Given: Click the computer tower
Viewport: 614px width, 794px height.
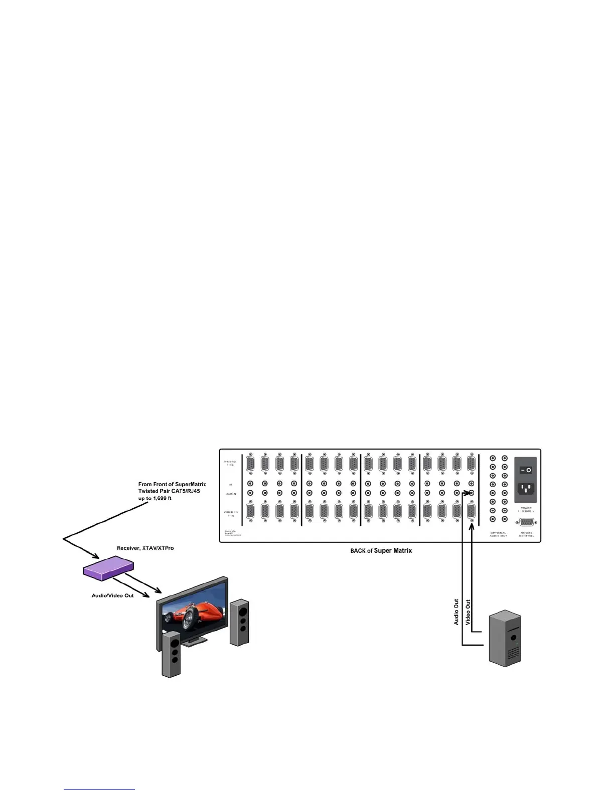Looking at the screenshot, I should [505, 638].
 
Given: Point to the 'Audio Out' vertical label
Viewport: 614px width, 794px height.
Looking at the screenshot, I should [456, 612].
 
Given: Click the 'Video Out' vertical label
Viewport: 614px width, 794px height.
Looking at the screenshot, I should [468, 612].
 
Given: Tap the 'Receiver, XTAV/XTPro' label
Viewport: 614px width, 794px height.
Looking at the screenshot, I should [145, 548].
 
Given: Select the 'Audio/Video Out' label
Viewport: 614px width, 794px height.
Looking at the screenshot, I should [112, 595].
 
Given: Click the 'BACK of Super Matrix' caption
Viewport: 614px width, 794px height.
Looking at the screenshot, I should [381, 550].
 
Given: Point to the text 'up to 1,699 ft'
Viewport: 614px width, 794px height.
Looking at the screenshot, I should [155, 498].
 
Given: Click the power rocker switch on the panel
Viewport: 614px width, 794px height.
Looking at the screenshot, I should [525, 470].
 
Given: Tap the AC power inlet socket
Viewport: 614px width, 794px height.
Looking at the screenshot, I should [525, 488].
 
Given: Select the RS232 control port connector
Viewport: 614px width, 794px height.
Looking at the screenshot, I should [526, 522].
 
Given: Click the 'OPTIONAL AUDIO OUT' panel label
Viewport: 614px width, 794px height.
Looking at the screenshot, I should [498, 534].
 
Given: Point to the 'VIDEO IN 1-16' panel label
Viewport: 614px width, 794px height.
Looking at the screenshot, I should [231, 514].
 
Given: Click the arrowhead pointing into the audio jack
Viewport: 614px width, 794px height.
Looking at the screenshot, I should [466, 493].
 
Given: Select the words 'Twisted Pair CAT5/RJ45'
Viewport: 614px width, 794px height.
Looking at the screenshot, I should [169, 491].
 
